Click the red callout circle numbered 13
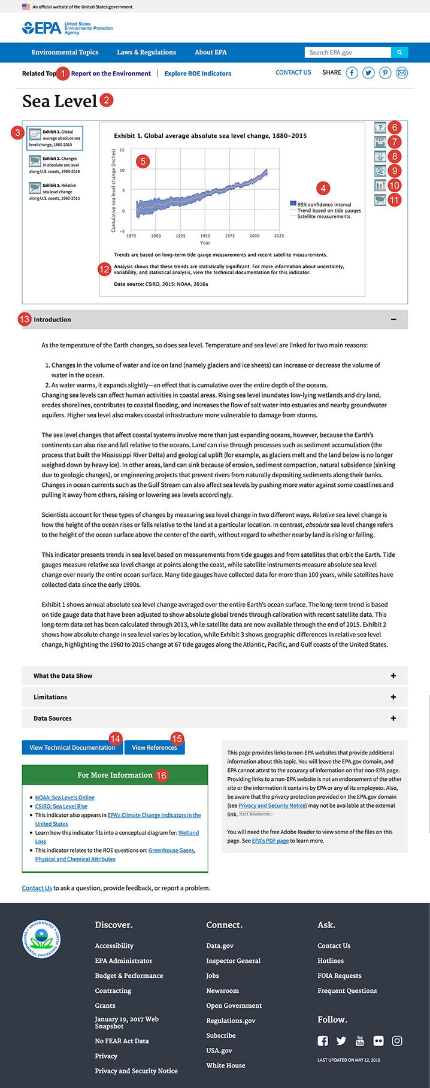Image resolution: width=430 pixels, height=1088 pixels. coord(25,319)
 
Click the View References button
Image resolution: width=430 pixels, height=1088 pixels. coord(155,747)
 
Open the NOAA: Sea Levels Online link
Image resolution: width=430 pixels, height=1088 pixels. coord(65,798)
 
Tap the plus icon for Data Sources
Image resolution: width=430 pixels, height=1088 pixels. coord(393,719)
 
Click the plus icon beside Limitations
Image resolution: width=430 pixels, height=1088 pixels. coord(393,697)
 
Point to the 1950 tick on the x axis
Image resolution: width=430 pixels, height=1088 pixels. coord(205,236)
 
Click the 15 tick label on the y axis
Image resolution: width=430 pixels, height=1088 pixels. coord(122,150)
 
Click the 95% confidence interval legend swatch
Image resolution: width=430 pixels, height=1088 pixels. coord(293,204)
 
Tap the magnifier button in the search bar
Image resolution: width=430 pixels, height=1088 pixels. coord(399,53)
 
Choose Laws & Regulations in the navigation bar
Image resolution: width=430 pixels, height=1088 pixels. coord(146,53)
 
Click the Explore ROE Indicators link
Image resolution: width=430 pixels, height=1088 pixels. coord(198,74)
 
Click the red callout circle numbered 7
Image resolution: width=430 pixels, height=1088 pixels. coord(394,142)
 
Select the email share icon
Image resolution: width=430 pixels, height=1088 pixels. coord(402,73)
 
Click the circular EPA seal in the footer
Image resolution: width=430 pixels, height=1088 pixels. coord(41,938)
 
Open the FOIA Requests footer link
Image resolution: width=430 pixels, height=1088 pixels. coord(339,975)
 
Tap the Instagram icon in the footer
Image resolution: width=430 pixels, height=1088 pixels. coord(397,1041)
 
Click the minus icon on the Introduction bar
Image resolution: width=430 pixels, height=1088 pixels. coord(393,320)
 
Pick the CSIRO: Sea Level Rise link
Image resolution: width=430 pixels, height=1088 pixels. coord(61,807)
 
